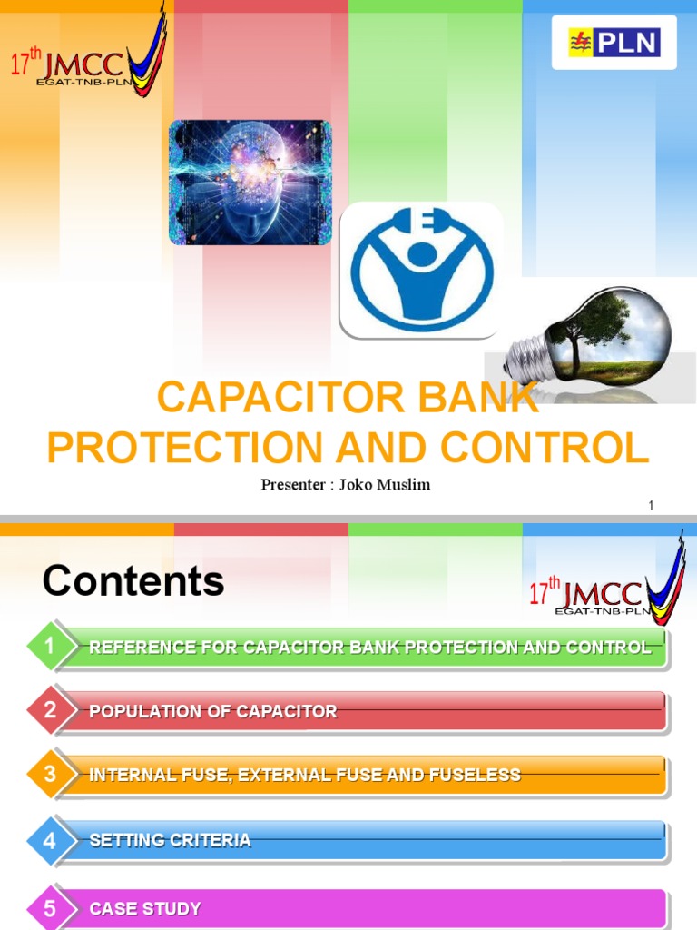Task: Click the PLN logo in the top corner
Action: point(614,43)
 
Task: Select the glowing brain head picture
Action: point(250,183)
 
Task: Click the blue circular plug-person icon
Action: point(422,269)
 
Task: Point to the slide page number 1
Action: point(651,505)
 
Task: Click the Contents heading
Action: point(133,581)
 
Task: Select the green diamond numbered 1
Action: point(50,647)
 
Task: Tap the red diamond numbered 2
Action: point(50,711)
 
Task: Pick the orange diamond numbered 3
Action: point(50,775)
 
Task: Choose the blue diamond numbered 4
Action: point(50,840)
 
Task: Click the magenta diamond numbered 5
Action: point(50,908)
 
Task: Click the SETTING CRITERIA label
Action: point(170,840)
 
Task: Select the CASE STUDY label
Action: point(145,908)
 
